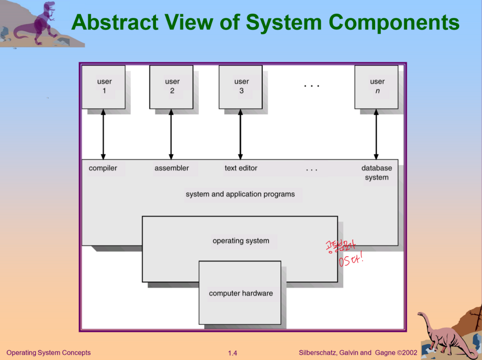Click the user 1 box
click(x=104, y=87)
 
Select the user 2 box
click(x=171, y=87)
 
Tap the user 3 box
click(x=241, y=87)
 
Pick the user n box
click(x=376, y=87)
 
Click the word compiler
click(x=103, y=168)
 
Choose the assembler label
click(x=172, y=168)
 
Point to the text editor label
click(x=241, y=168)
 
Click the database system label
click(x=376, y=173)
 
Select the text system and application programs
click(x=240, y=194)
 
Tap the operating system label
click(x=241, y=241)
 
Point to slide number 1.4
click(x=232, y=353)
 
